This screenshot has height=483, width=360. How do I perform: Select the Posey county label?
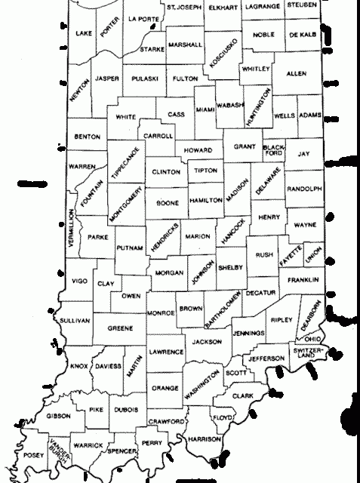pos(34,455)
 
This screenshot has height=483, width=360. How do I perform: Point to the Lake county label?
pos(85,33)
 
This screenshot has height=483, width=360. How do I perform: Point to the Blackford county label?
pos(273,149)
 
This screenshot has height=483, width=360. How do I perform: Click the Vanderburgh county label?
pos(54,447)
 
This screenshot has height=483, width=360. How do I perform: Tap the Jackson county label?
pos(206,342)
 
